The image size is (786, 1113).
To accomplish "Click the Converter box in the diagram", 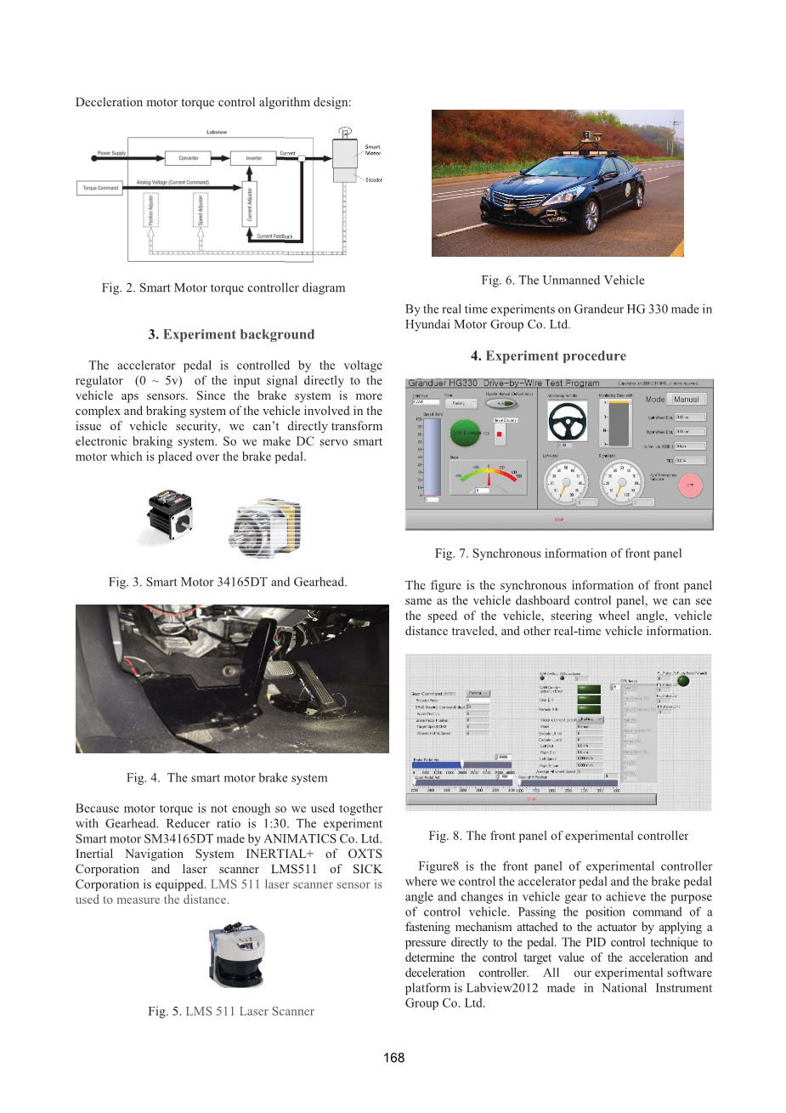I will tap(189, 158).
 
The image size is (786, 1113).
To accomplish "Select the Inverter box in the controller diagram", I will tap(253, 158).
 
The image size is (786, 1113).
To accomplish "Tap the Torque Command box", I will tap(100, 188).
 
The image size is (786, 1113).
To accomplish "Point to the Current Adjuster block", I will tap(250, 205).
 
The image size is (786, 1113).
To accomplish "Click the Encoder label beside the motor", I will tap(374, 180).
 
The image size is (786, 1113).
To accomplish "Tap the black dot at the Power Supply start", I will tap(93, 158).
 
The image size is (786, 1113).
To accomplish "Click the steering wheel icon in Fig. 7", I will tap(567, 421).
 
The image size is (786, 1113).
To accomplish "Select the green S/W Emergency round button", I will tap(467, 433).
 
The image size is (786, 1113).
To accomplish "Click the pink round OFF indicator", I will tap(690, 486).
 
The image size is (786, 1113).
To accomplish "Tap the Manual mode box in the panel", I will tap(687, 400).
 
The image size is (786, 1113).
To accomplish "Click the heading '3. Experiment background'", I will tap(231, 334).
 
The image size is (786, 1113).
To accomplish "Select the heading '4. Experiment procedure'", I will tap(549, 355).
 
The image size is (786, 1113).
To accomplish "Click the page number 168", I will tap(393, 1058).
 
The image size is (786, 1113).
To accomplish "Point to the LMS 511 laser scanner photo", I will tap(237, 956).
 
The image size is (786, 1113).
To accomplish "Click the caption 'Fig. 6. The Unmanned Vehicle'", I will tap(563, 280).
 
